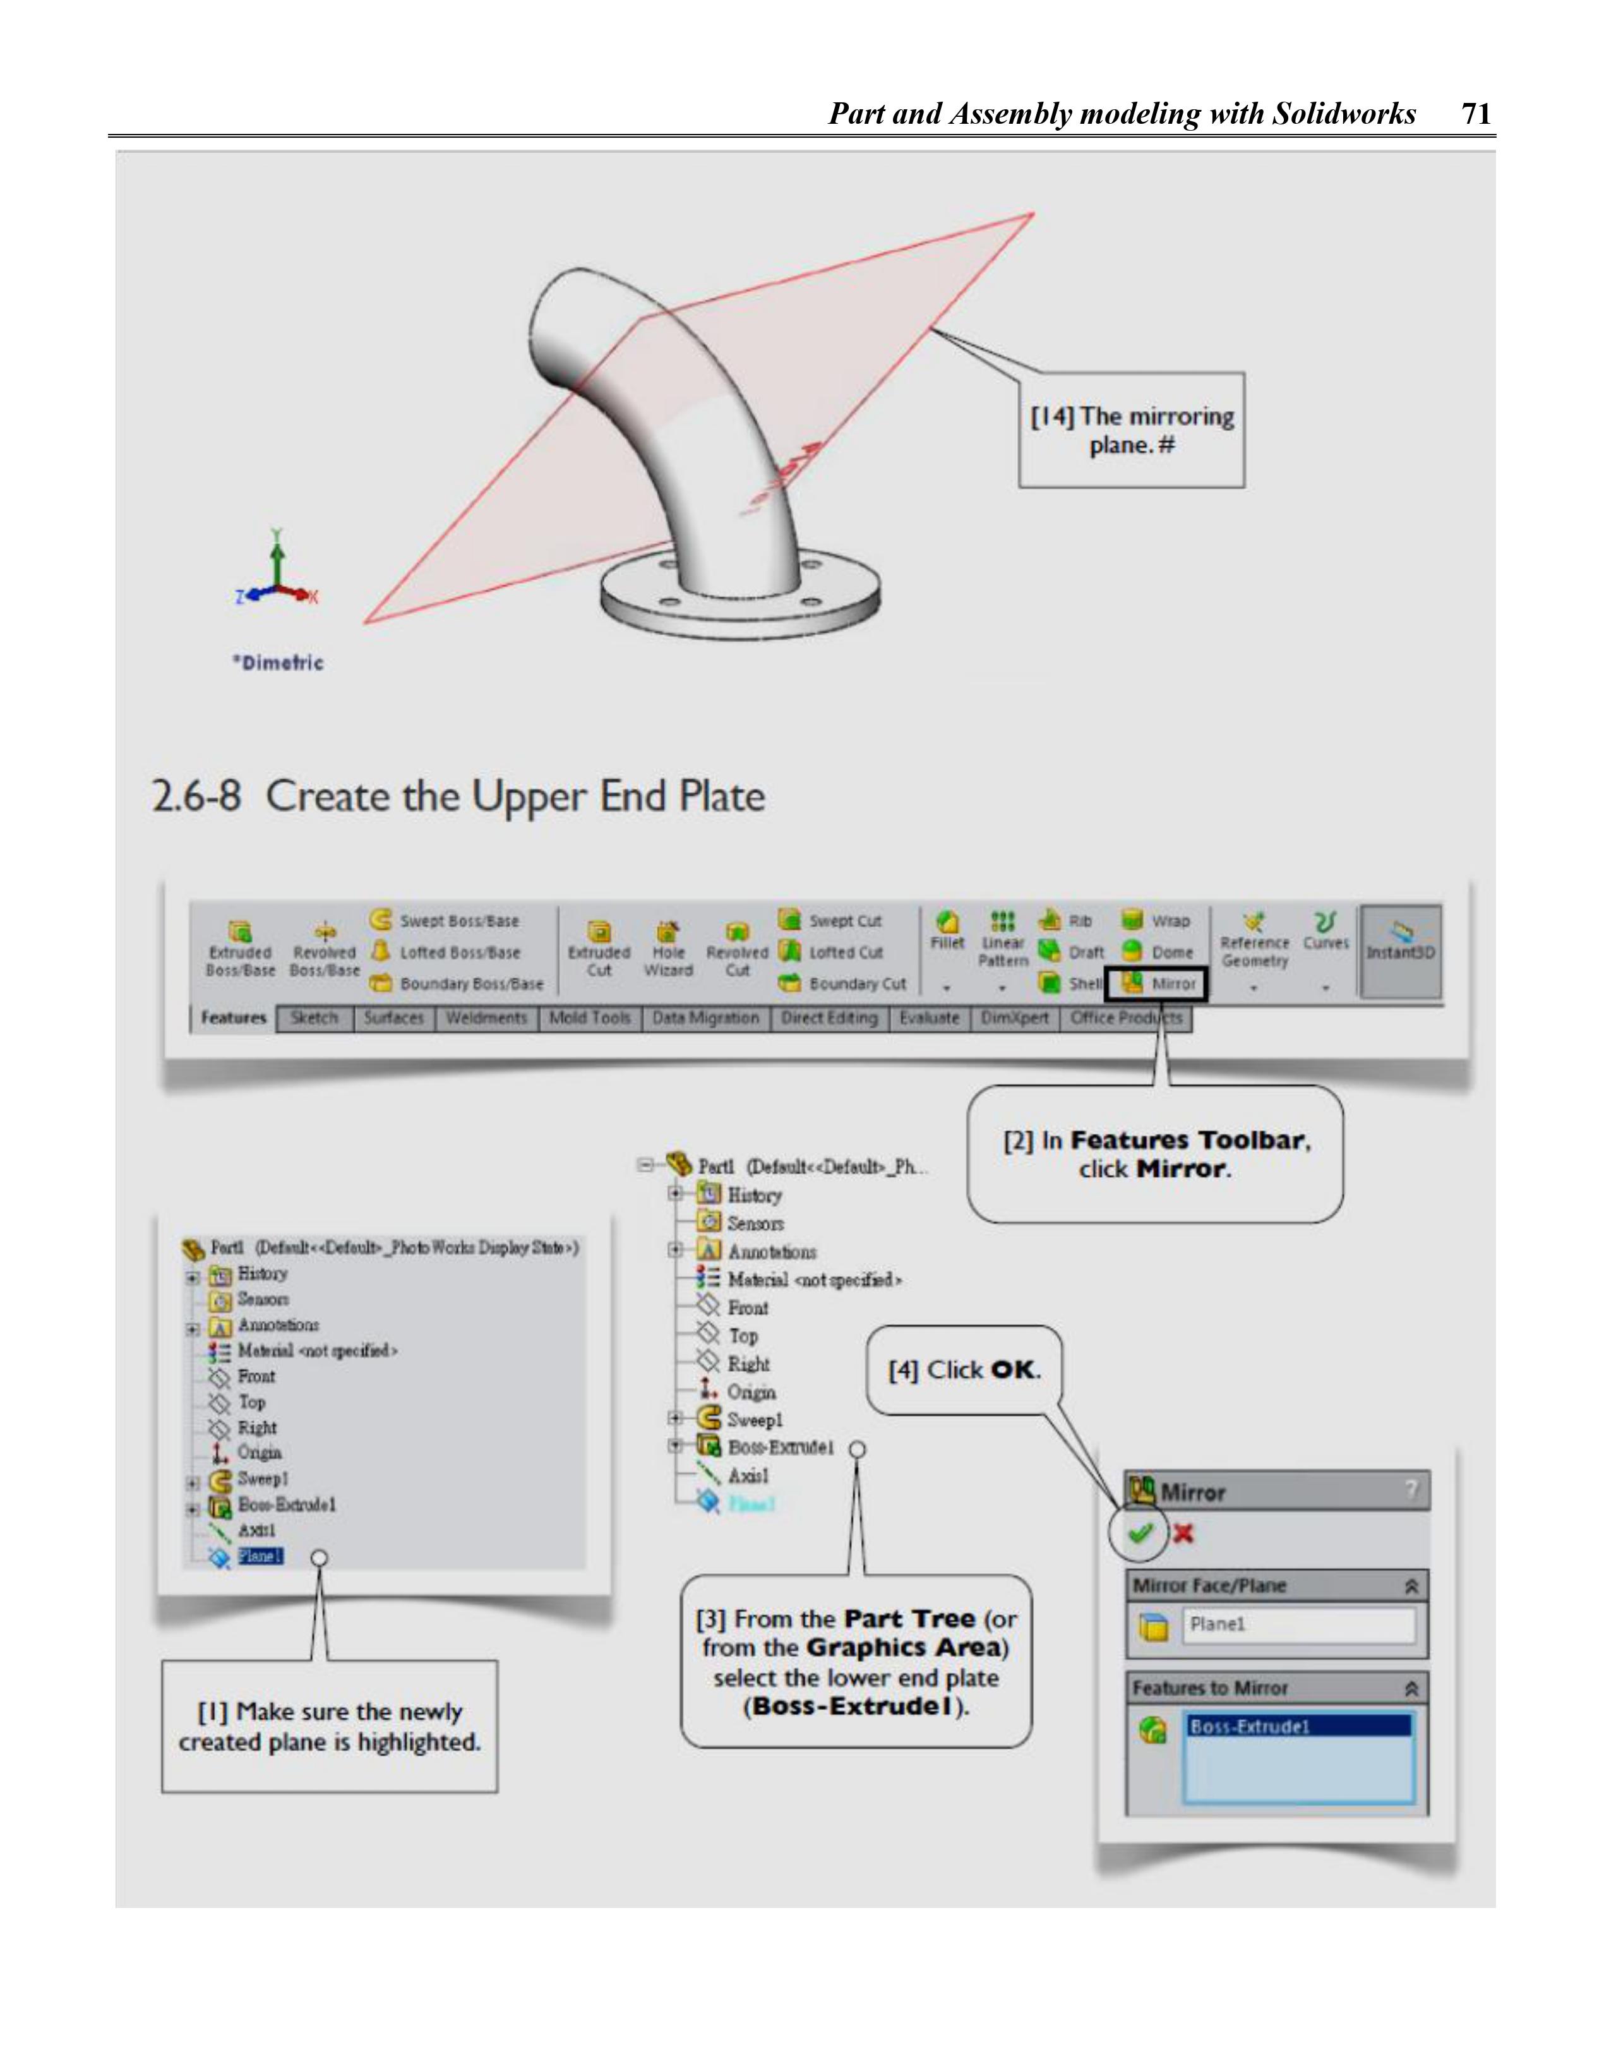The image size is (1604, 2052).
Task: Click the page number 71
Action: pyautogui.click(x=1476, y=114)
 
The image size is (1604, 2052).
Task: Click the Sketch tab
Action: pyautogui.click(x=314, y=1019)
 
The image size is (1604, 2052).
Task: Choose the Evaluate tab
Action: pyautogui.click(x=928, y=1019)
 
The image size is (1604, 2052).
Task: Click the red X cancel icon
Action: pyautogui.click(x=1183, y=1534)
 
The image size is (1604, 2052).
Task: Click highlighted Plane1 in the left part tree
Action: pyautogui.click(x=260, y=1556)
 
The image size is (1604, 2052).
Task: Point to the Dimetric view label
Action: pyautogui.click(x=278, y=663)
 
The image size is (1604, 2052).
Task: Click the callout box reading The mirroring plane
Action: pyautogui.click(x=1132, y=430)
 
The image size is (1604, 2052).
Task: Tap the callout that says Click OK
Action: pyautogui.click(x=964, y=1370)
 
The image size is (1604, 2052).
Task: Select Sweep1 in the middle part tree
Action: pyautogui.click(x=753, y=1420)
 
